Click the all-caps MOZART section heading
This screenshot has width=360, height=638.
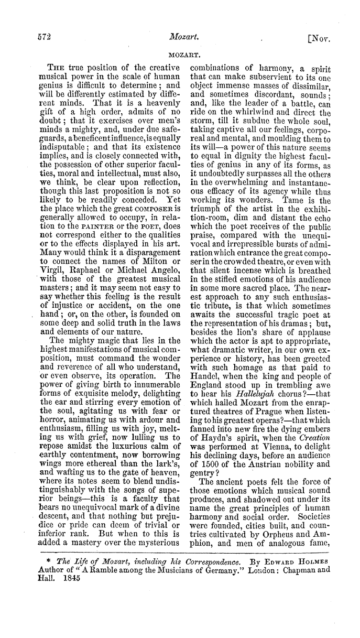pos(180,54)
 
